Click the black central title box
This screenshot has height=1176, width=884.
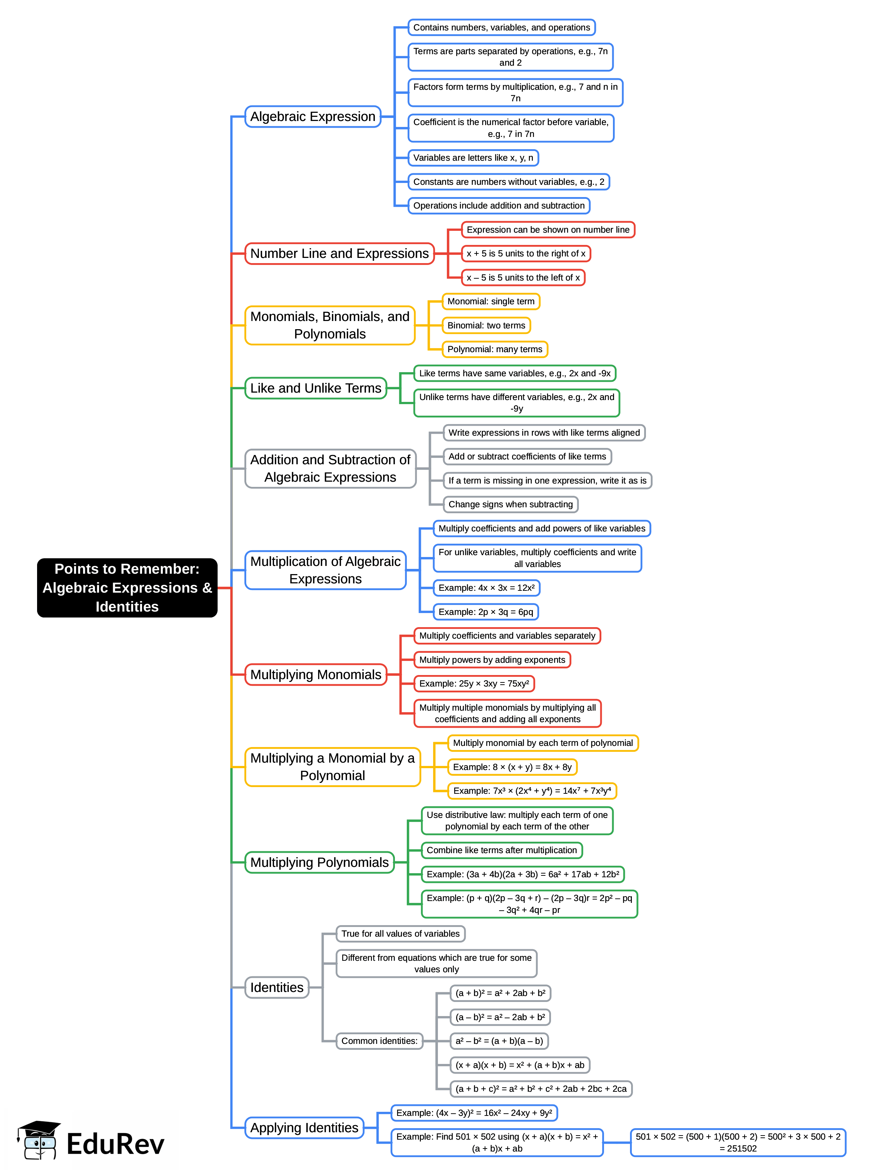pos(127,587)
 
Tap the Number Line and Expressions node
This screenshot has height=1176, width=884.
pos(339,253)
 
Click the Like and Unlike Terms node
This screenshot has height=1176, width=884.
pos(316,388)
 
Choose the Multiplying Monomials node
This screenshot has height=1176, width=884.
pos(316,674)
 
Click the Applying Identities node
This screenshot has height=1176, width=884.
pos(304,1128)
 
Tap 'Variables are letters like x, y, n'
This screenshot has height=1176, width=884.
pos(473,158)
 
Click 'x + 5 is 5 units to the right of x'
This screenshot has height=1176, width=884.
pos(525,253)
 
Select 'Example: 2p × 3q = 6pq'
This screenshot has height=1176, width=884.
pos(485,612)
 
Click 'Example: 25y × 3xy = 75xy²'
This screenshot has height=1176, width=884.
pos(474,684)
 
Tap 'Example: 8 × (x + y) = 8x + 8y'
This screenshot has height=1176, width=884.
pos(512,767)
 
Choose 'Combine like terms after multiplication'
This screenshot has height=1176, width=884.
pos(501,850)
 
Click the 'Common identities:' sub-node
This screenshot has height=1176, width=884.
pos(379,1041)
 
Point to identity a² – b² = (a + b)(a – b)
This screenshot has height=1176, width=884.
pos(498,1041)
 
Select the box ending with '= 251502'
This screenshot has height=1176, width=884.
pos(738,1143)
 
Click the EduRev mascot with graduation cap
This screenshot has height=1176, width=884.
pos(38,1141)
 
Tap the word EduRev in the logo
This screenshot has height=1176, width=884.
pos(115,1144)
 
